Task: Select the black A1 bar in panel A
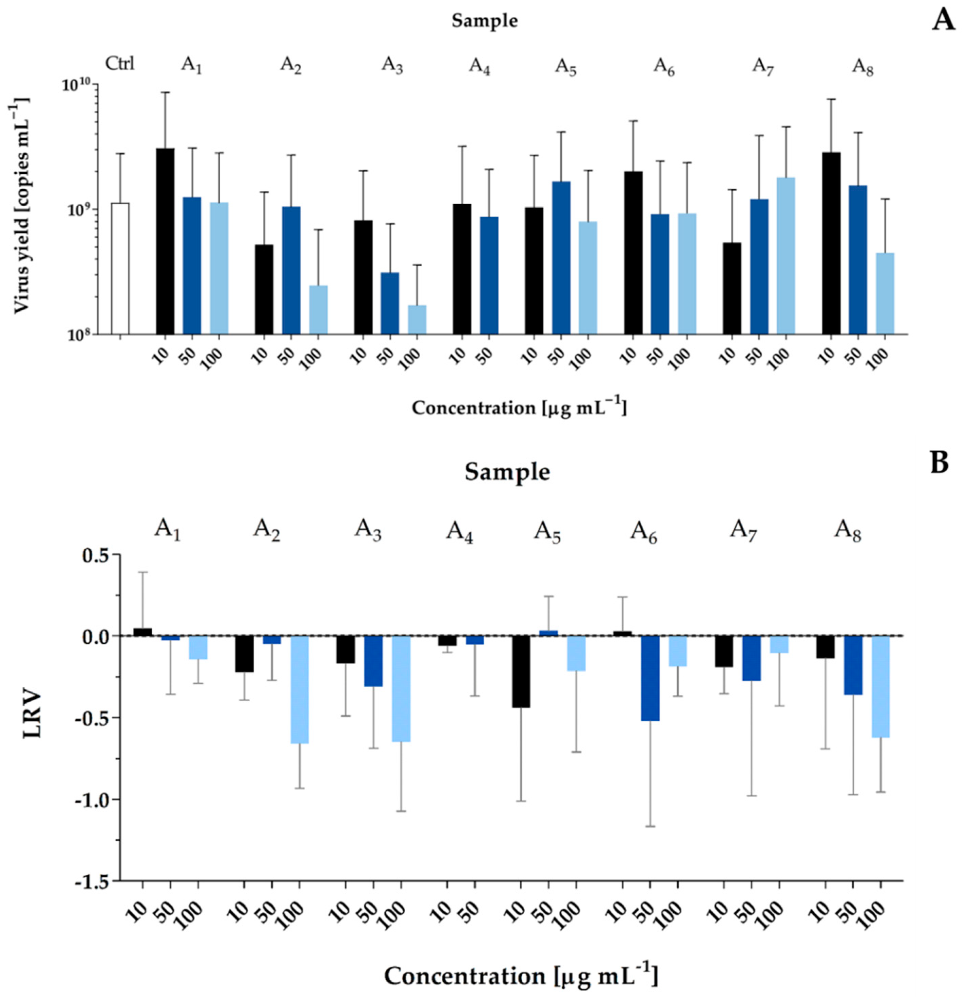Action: click(x=165, y=242)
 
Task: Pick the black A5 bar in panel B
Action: click(x=521, y=671)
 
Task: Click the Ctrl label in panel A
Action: click(x=120, y=64)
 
